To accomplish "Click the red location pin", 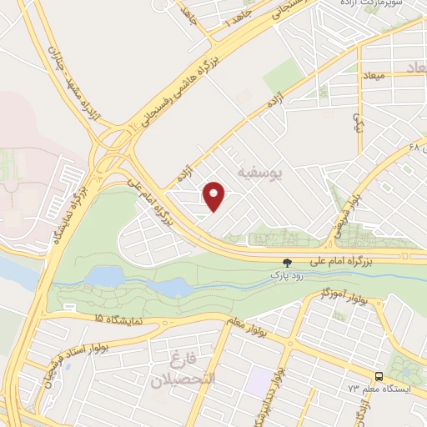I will click(x=215, y=196).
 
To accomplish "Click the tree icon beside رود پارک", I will click(x=288, y=262).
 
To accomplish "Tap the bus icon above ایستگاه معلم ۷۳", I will click(x=379, y=376).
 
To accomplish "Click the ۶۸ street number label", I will click(x=414, y=148).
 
